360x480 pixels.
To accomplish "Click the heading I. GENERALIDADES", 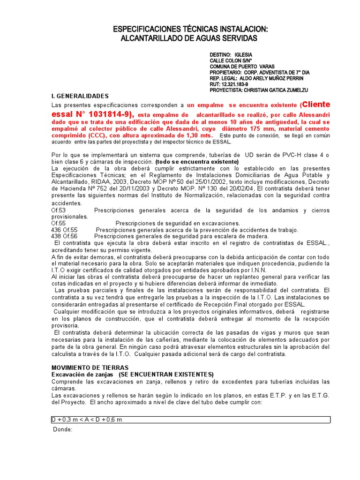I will point(80,96).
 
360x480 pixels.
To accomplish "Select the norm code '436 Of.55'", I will point(64,230).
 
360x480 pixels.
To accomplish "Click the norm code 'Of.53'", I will point(59,210).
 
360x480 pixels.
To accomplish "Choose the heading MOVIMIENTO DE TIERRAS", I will point(90,368).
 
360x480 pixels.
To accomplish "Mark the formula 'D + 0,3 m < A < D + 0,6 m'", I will point(87,420).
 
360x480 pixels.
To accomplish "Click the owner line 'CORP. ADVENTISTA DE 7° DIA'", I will point(277,73).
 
